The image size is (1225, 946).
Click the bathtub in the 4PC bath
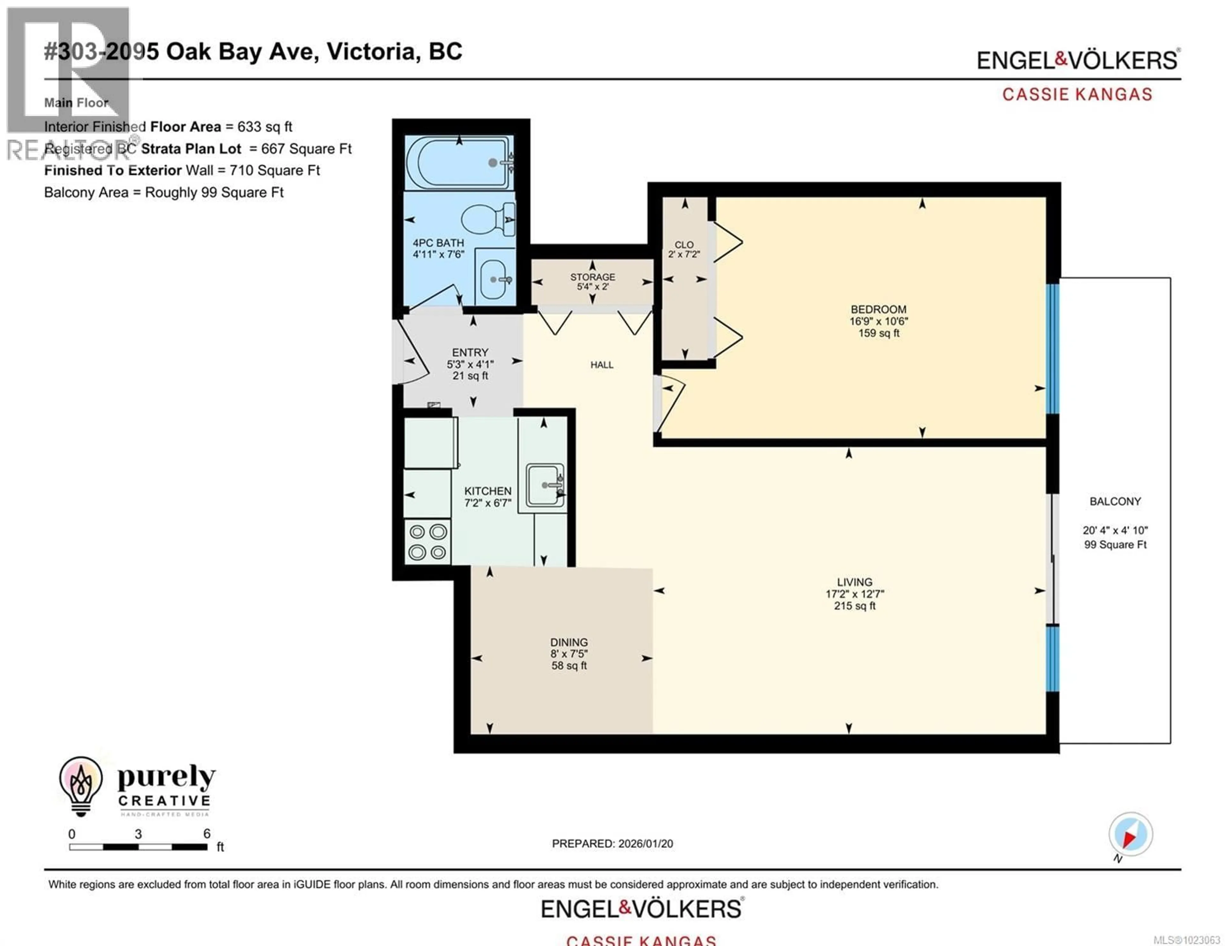pyautogui.click(x=459, y=163)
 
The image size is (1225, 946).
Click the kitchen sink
pyautogui.click(x=544, y=485)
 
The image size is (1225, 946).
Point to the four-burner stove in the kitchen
pyautogui.click(x=427, y=542)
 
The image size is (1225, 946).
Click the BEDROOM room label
pyautogui.click(x=878, y=310)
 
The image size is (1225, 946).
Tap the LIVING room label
pyautogui.click(x=854, y=582)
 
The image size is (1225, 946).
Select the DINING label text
pyautogui.click(x=569, y=642)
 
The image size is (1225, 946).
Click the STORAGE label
pyautogui.click(x=592, y=277)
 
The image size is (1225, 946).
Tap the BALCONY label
pyautogui.click(x=1115, y=501)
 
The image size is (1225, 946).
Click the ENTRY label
pyautogui.click(x=470, y=352)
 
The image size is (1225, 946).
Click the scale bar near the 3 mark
pyautogui.click(x=138, y=847)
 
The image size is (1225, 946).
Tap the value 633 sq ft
pyautogui.click(x=264, y=127)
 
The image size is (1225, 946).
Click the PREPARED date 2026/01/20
pyautogui.click(x=645, y=843)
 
